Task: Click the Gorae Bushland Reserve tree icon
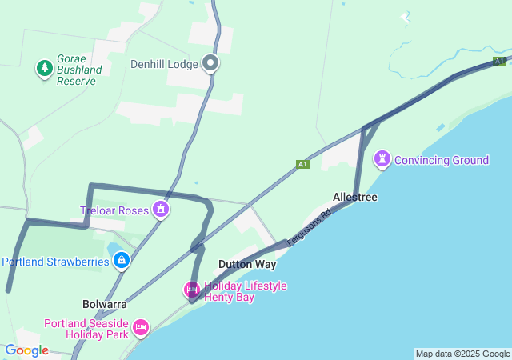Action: tap(45, 70)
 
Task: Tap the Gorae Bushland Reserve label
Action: tap(79, 70)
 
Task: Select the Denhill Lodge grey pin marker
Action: tap(210, 62)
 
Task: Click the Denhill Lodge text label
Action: tap(164, 64)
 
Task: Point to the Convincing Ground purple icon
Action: tap(382, 159)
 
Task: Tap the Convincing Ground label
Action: tap(441, 160)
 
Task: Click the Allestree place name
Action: tap(355, 197)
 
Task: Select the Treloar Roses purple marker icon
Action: tap(162, 210)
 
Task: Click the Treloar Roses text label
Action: tap(115, 210)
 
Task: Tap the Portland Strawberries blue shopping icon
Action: tap(121, 260)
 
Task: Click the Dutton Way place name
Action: tap(247, 264)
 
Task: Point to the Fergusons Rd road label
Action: tap(309, 228)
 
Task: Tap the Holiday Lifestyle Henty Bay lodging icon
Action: tap(192, 289)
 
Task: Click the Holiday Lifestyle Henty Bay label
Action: tap(245, 291)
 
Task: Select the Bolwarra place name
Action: tap(105, 304)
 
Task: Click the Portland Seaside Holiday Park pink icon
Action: tap(141, 326)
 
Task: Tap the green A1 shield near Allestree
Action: tap(302, 164)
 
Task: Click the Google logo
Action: tap(26, 350)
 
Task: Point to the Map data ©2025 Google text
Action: tap(462, 354)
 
